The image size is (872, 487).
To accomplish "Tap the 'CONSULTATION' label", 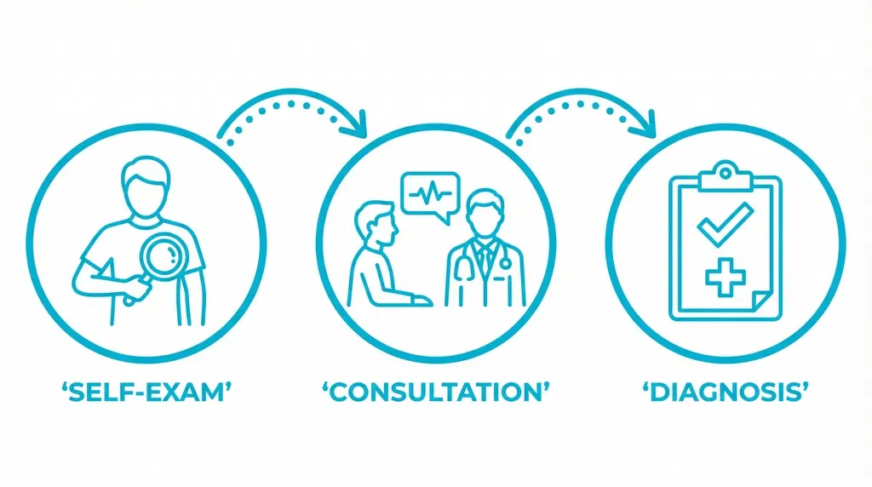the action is click(435, 393).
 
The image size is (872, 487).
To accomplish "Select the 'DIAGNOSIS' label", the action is click(725, 393).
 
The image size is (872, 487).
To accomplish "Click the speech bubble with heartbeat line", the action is click(430, 195).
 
